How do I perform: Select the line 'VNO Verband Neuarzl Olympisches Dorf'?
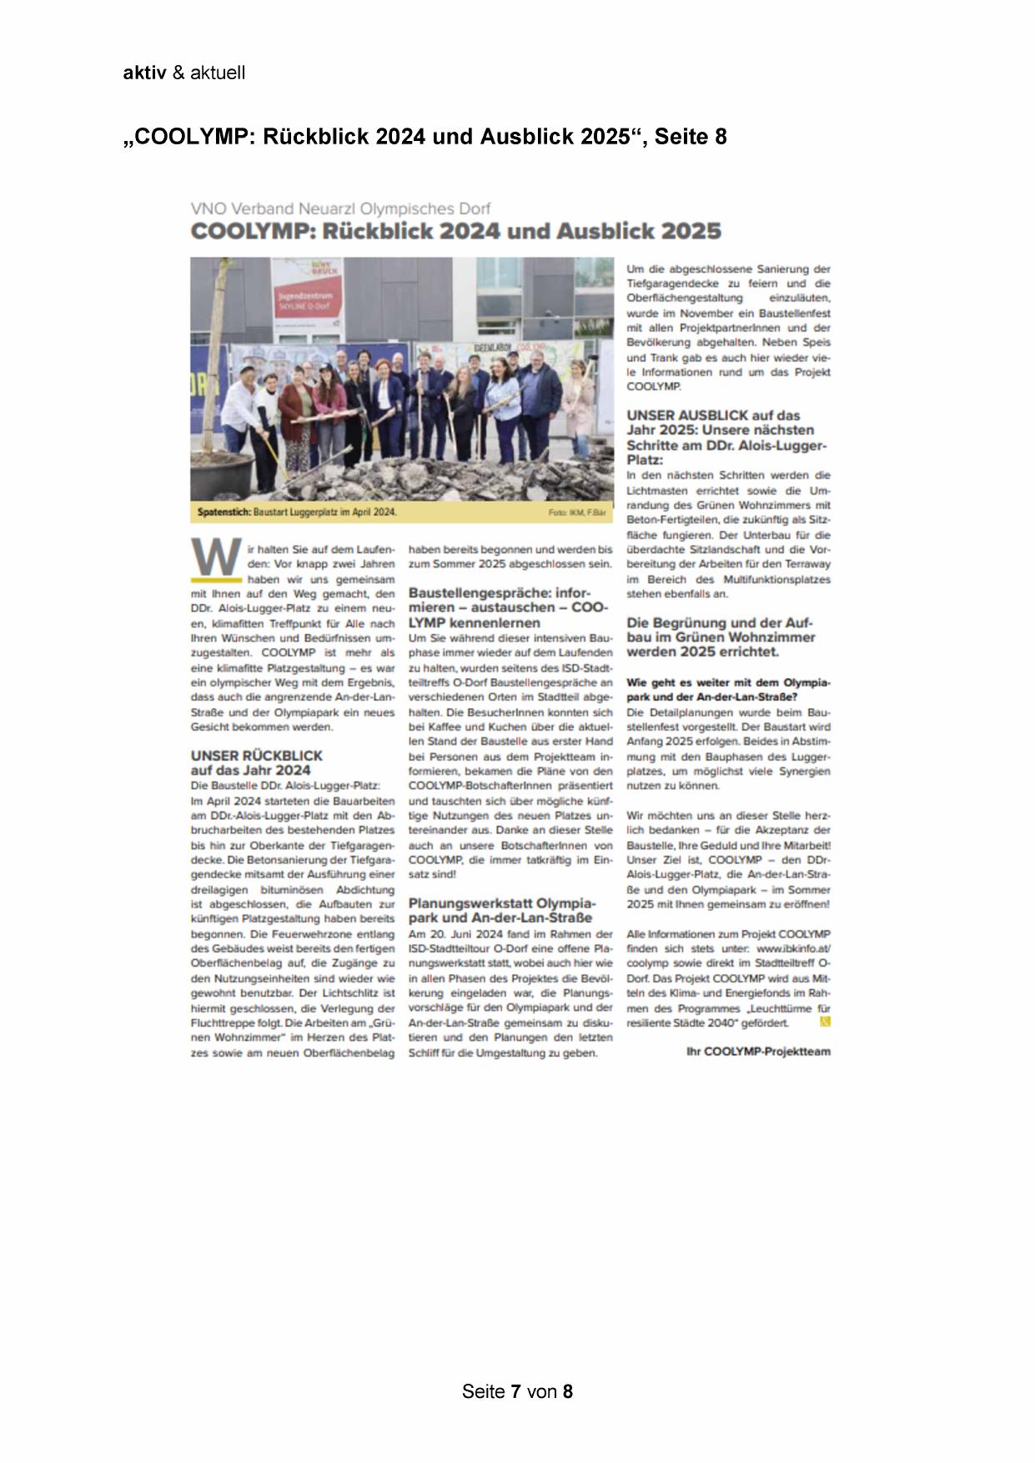340,209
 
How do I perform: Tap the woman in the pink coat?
295,409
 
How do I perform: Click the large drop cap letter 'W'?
215,557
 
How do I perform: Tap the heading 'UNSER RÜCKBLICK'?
256,756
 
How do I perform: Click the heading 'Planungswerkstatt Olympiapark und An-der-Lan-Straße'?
502,911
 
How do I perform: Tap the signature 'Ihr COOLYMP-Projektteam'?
758,1052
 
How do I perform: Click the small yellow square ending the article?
826,1021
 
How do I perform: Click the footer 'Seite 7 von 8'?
517,1391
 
